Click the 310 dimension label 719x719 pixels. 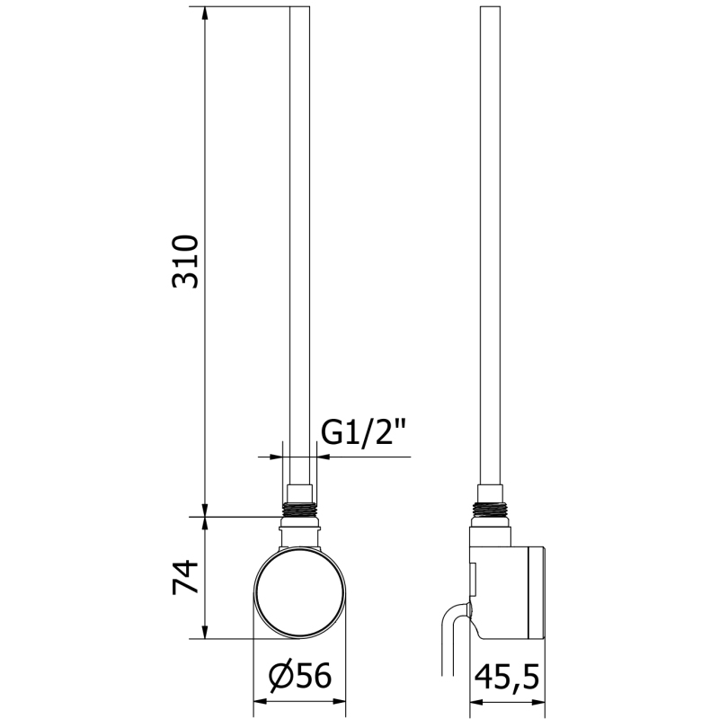click(x=185, y=262)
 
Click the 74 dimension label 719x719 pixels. click(x=185, y=577)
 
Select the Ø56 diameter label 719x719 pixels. click(x=300, y=676)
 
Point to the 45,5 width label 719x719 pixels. click(x=507, y=677)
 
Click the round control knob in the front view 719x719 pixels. click(x=300, y=593)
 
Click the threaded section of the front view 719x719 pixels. click(x=300, y=510)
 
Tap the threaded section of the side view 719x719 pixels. click(x=490, y=510)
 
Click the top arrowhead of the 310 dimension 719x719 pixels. click(x=205, y=13)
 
